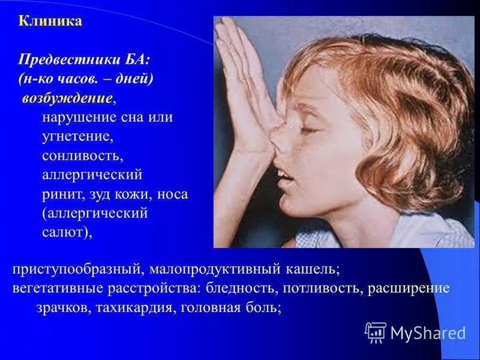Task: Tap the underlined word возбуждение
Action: pos(67,98)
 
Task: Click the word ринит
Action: pos(60,194)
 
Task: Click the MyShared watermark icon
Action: pos(375,332)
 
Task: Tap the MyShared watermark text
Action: pos(428,332)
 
